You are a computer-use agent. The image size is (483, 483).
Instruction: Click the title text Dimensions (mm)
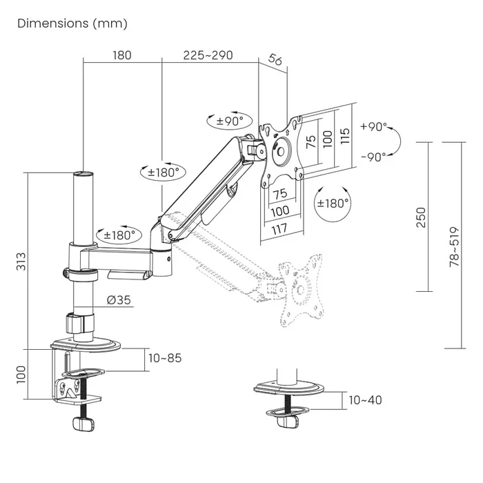click(72, 23)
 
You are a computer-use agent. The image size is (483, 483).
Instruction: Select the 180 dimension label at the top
click(122, 55)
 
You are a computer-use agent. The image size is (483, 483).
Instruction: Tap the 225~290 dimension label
click(208, 55)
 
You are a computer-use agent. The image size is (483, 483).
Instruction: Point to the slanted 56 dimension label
click(275, 59)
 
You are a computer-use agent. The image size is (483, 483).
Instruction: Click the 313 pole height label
click(21, 262)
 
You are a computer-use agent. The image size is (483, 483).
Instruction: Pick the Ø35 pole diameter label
click(119, 299)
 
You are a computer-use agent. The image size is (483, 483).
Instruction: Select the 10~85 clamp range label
click(165, 358)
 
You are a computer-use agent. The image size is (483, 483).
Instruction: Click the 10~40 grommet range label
click(365, 400)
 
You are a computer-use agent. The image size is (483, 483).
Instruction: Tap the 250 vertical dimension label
click(421, 217)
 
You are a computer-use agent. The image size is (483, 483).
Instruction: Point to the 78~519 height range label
click(454, 247)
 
